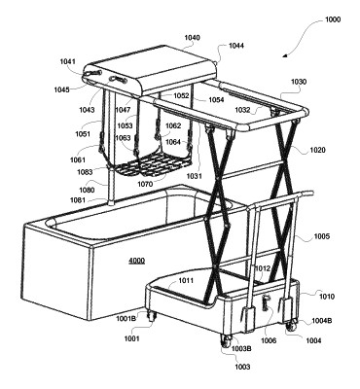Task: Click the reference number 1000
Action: tap(333, 19)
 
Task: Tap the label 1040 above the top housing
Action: tap(193, 38)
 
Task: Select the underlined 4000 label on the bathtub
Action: tap(137, 261)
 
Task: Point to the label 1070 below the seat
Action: tap(145, 184)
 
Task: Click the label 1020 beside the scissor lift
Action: tap(318, 150)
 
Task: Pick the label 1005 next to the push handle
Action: tap(321, 236)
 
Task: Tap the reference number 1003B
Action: tap(241, 348)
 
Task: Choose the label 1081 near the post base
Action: tap(78, 200)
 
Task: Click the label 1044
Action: tap(236, 46)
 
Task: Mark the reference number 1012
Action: tap(263, 268)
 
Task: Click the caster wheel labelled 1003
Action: tap(226, 341)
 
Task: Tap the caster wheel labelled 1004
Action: tap(292, 325)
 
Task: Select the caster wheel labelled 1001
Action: tap(152, 316)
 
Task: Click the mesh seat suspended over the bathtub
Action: tap(153, 164)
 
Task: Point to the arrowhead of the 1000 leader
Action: tap(284, 55)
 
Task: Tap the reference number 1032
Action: tap(242, 110)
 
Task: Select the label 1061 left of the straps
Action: tap(78, 159)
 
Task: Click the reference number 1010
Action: tap(327, 297)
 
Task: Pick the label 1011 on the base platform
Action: tap(186, 280)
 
